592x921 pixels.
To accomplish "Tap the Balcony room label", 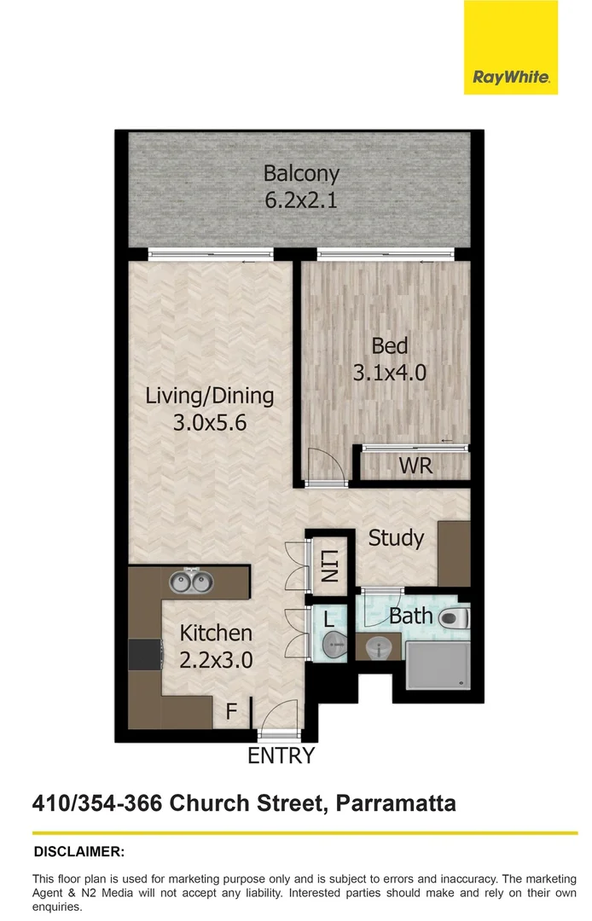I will point(300,173).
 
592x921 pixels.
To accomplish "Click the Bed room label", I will point(389,345).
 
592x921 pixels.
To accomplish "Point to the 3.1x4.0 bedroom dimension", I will point(389,373).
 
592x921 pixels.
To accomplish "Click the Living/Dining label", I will point(209,396).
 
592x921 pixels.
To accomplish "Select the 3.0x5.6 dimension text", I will point(209,422).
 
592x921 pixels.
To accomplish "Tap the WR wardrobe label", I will point(415,466).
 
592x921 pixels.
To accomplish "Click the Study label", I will point(396,538).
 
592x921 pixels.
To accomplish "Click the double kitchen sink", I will point(190,582).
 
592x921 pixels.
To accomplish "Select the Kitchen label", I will point(216,633).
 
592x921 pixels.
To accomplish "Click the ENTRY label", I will point(281,756).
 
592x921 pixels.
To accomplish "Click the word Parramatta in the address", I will point(396,802).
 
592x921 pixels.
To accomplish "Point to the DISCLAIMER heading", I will point(78,851).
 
